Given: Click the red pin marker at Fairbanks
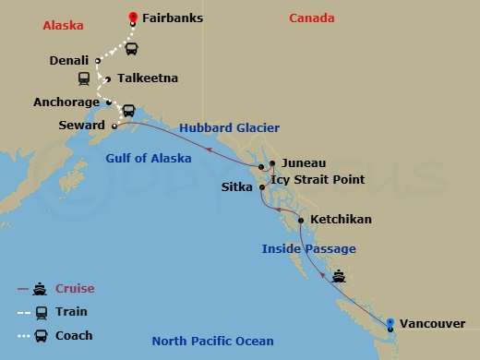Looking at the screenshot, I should (133, 18).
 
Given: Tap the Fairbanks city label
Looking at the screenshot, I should (173, 18).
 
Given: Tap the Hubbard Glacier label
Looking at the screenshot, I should (229, 127).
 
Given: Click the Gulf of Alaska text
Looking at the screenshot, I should (149, 159).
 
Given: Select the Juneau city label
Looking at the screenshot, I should (303, 162).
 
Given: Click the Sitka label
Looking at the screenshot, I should (239, 186).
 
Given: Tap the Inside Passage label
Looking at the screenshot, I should (308, 249).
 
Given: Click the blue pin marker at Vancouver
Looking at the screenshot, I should (390, 322).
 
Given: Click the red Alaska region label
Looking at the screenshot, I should (63, 26).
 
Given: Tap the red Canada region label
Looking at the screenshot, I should (312, 18).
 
